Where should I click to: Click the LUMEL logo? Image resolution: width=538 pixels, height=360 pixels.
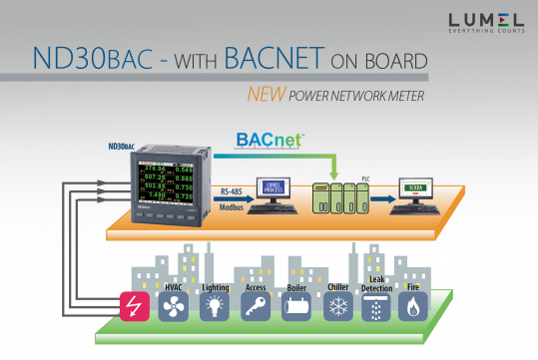(483, 21)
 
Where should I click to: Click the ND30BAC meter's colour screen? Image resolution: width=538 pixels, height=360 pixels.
(148, 185)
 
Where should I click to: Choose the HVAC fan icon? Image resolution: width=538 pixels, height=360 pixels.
(175, 305)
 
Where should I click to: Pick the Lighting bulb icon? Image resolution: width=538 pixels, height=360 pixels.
(214, 305)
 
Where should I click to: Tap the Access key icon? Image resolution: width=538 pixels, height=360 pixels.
(254, 305)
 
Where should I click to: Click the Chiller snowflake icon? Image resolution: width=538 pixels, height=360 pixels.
(337, 305)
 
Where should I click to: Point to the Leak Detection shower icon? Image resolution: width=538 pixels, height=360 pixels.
(375, 305)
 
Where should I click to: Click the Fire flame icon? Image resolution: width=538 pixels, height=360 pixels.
(414, 305)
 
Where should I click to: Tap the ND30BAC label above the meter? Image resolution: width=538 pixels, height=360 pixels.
(121, 146)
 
